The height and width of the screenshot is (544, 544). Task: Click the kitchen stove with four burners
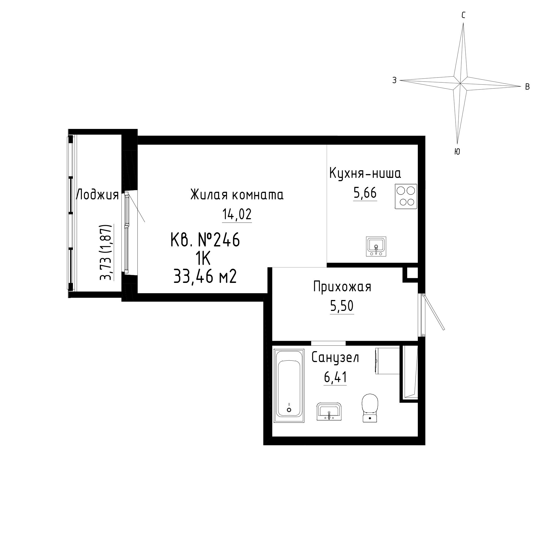click(406, 196)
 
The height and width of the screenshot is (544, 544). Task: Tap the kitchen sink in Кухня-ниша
click(376, 246)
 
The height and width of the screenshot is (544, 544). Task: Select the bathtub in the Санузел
click(289, 386)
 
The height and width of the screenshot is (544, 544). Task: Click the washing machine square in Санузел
click(387, 361)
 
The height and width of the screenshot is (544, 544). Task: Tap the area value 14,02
click(237, 215)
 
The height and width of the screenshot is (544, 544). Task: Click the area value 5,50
click(342, 306)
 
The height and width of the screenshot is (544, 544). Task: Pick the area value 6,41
click(335, 377)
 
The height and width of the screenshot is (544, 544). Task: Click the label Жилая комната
click(237, 195)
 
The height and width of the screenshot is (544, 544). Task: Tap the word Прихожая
click(342, 287)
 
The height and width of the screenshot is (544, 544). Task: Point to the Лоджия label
click(97, 195)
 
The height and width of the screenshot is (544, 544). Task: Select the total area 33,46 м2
click(205, 277)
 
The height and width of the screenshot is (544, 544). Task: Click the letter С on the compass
click(463, 15)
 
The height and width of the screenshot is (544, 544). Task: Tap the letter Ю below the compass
click(457, 152)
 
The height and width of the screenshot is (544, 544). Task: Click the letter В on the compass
click(527, 87)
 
